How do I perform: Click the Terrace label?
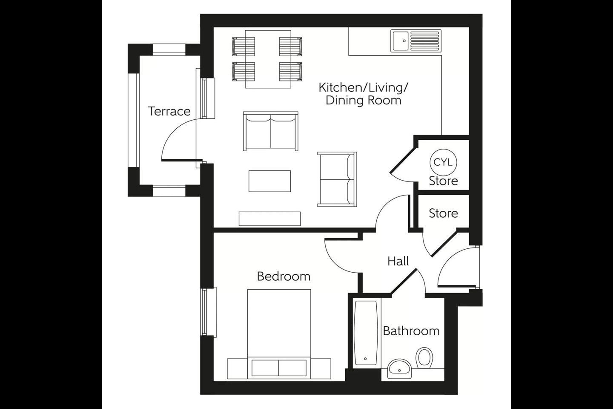click(x=169, y=112)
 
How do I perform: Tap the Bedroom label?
click(x=284, y=277)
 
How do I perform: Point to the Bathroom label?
click(x=411, y=331)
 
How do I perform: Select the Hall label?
click(x=398, y=261)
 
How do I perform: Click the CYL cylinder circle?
click(x=443, y=162)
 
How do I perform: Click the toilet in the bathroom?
click(x=424, y=357)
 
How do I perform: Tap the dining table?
click(x=268, y=59)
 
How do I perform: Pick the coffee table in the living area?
click(x=270, y=181)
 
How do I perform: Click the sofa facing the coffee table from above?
click(x=271, y=131)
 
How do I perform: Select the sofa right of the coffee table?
click(x=337, y=179)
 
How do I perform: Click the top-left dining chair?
click(x=243, y=46)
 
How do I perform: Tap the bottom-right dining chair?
click(x=291, y=71)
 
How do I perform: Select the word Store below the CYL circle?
click(x=443, y=181)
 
